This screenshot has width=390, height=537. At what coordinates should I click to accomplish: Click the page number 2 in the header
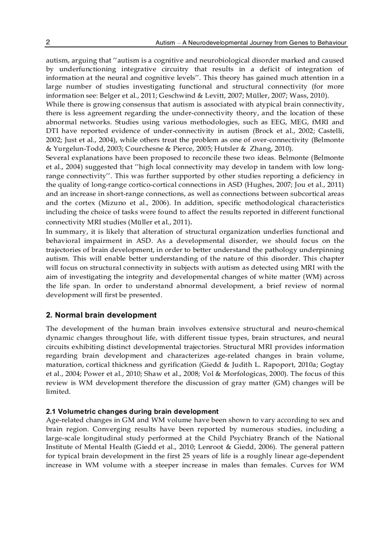pyautogui.click(x=48, y=43)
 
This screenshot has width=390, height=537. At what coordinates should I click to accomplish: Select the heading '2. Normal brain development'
pyautogui.click(x=101, y=315)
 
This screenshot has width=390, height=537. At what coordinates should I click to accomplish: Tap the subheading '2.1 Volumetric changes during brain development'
pyautogui.click(x=132, y=412)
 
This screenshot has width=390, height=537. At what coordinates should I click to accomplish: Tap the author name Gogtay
pyautogui.click(x=331, y=365)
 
